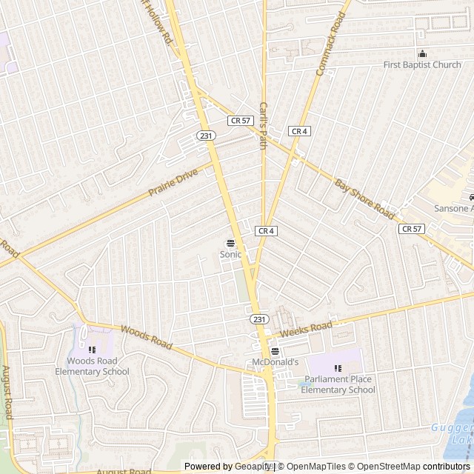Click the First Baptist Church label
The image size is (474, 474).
pos(422,65)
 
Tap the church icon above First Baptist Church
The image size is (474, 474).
pos(423,53)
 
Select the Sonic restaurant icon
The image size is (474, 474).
pos(230,242)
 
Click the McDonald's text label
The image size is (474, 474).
pos(274,362)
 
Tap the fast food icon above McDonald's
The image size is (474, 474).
pos(275,351)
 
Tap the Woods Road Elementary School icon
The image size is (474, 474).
pos(93,350)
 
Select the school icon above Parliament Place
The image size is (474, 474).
pos(338,368)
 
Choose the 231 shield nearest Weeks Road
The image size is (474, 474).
pos(257,318)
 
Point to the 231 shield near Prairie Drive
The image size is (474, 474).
pos(206,136)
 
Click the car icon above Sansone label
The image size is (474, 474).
pos(471,198)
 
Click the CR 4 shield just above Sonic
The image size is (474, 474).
pos(267,231)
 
